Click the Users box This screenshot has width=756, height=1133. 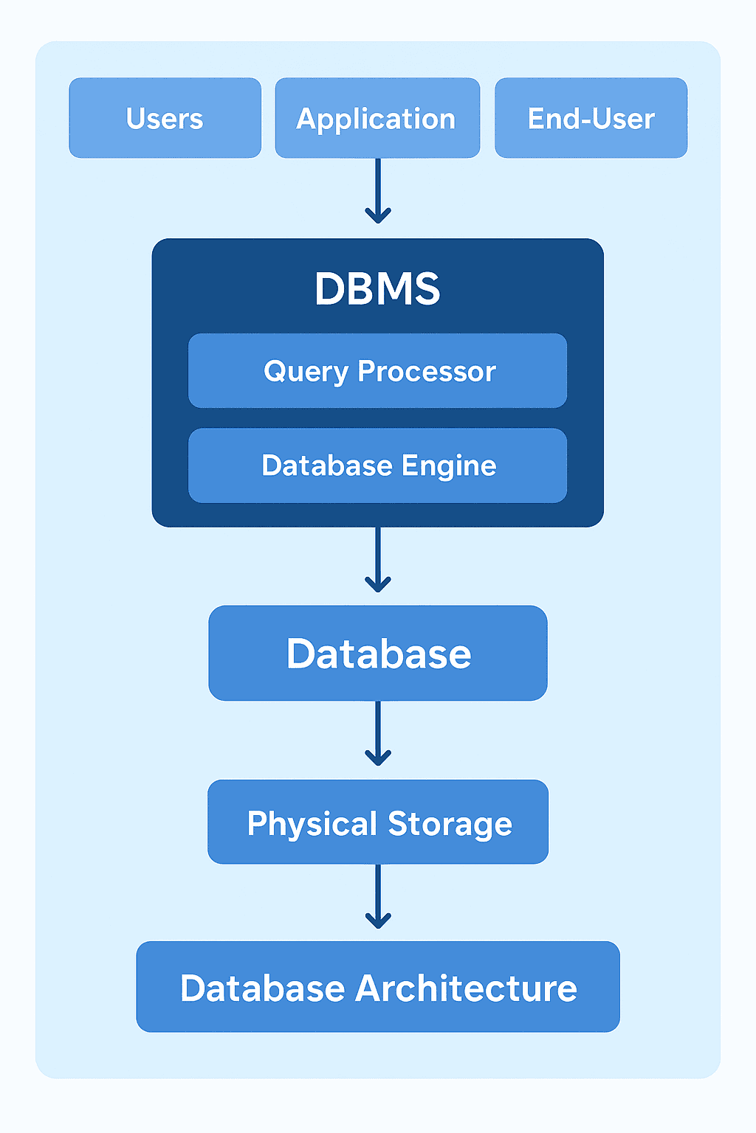click(165, 118)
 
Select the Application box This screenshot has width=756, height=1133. click(377, 118)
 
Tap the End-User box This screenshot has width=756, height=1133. click(591, 118)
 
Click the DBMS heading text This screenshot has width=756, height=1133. click(377, 288)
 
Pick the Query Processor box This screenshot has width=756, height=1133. click(377, 371)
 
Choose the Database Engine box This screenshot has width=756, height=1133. click(377, 465)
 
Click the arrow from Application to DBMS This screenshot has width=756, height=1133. click(378, 190)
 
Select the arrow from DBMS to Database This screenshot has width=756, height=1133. click(378, 559)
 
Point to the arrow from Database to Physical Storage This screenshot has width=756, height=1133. click(378, 733)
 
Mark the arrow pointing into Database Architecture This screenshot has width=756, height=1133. click(378, 896)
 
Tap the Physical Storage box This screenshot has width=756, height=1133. click(378, 822)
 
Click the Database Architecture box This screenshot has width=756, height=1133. click(378, 987)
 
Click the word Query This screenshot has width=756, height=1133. click(306, 372)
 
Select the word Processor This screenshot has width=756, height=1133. click(427, 371)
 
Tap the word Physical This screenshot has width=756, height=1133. click(312, 824)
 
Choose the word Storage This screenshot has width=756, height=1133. click(450, 824)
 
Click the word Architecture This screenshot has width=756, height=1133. click(466, 988)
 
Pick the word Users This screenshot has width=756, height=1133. click(165, 119)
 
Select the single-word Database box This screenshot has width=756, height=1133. click(378, 654)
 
